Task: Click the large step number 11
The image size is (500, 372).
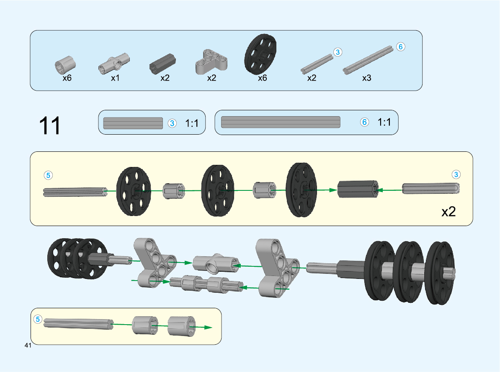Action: [50, 125]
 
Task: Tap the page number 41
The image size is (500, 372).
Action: [28, 346]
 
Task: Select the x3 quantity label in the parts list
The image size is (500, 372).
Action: [366, 78]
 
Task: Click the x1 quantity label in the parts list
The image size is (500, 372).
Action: [115, 78]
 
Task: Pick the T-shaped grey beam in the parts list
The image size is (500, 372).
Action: [211, 61]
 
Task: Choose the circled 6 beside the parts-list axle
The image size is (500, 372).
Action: [400, 47]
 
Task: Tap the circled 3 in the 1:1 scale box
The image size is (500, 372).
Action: [172, 123]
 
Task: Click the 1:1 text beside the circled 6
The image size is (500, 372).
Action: [384, 122]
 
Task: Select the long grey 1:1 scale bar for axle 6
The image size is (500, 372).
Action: [280, 122]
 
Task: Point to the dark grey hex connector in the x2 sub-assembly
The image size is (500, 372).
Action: [358, 190]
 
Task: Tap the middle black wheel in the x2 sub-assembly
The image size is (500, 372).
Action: [218, 190]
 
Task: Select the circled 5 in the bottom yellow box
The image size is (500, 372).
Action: [38, 320]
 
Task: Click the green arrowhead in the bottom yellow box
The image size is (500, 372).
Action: [208, 327]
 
